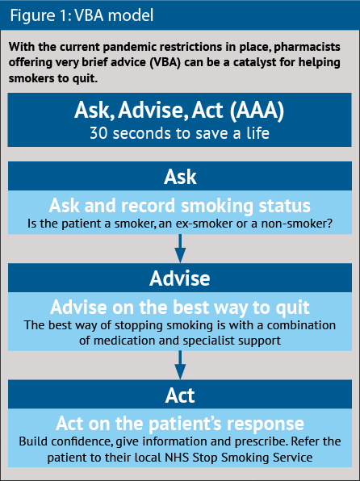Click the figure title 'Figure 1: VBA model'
[x=82, y=15]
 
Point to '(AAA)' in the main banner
[x=257, y=110]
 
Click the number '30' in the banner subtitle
[x=98, y=133]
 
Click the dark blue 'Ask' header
[x=180, y=177]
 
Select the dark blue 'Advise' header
[x=180, y=278]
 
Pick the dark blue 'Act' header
[x=180, y=395]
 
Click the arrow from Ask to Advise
[x=180, y=249]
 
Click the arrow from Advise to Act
[x=180, y=365]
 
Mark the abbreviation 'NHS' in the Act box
[x=178, y=458]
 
